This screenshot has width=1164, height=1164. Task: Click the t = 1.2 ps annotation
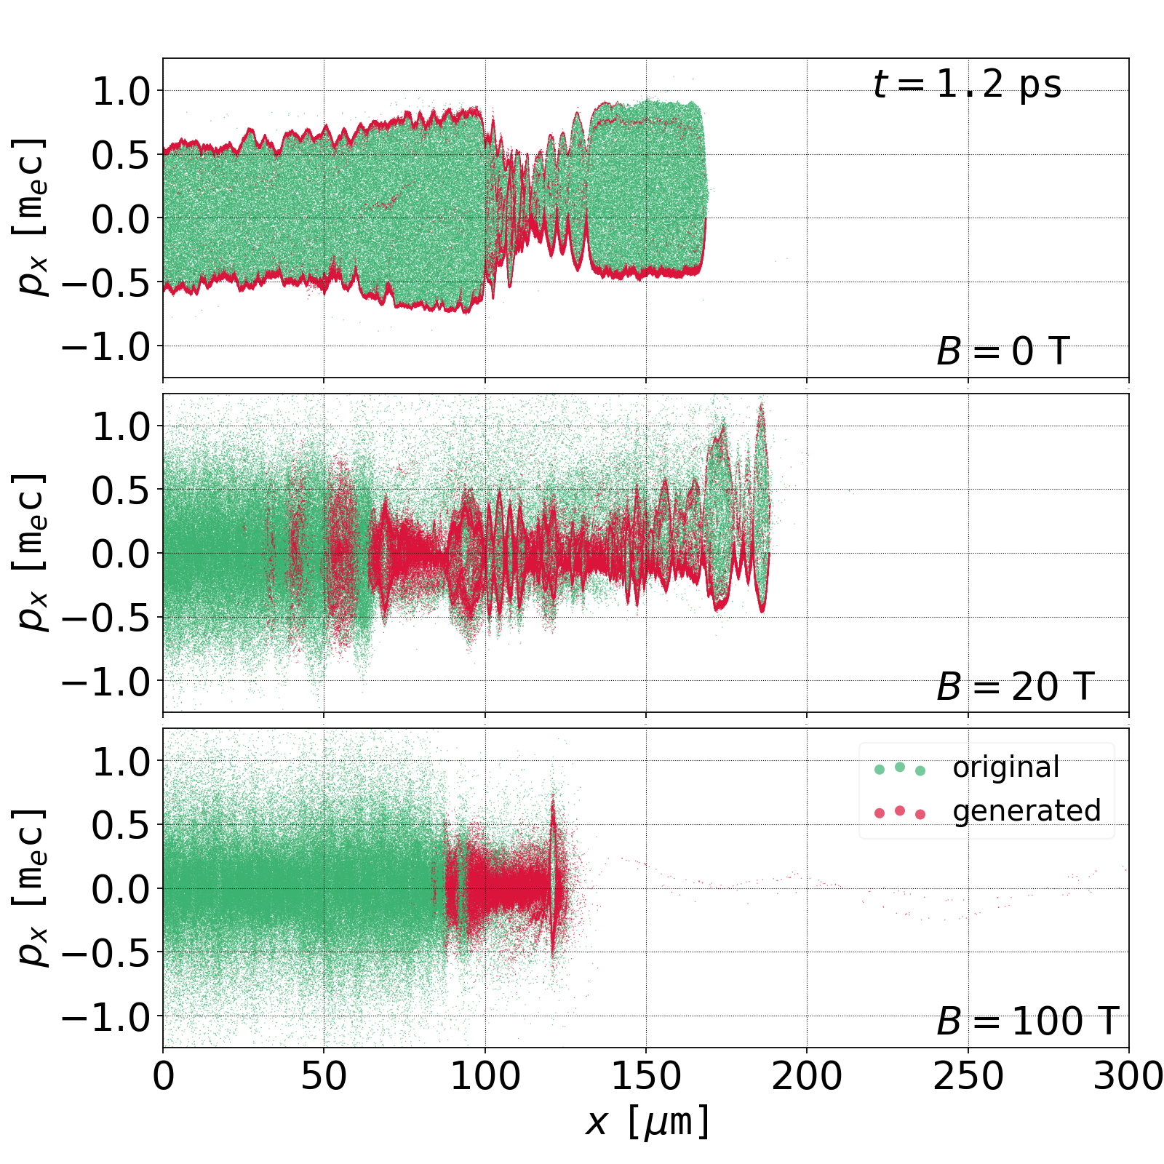967,84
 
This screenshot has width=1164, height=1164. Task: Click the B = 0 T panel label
1002,352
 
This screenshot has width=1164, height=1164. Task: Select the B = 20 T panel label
1015,687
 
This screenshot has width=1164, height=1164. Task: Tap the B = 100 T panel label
1027,1021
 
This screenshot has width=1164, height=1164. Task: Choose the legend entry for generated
1026,810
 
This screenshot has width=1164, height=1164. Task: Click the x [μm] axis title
647,1121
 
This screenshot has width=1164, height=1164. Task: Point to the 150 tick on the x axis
646,1076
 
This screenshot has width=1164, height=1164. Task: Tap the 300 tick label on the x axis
1128,1076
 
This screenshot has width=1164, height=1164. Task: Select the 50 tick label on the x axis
324,1076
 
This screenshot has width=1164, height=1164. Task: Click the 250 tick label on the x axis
968,1076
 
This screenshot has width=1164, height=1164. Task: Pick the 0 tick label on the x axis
164,1076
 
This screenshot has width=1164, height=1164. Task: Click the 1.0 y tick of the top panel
121,91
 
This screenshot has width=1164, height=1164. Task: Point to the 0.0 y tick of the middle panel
121,554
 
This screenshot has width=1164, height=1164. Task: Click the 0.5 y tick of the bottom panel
121,825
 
